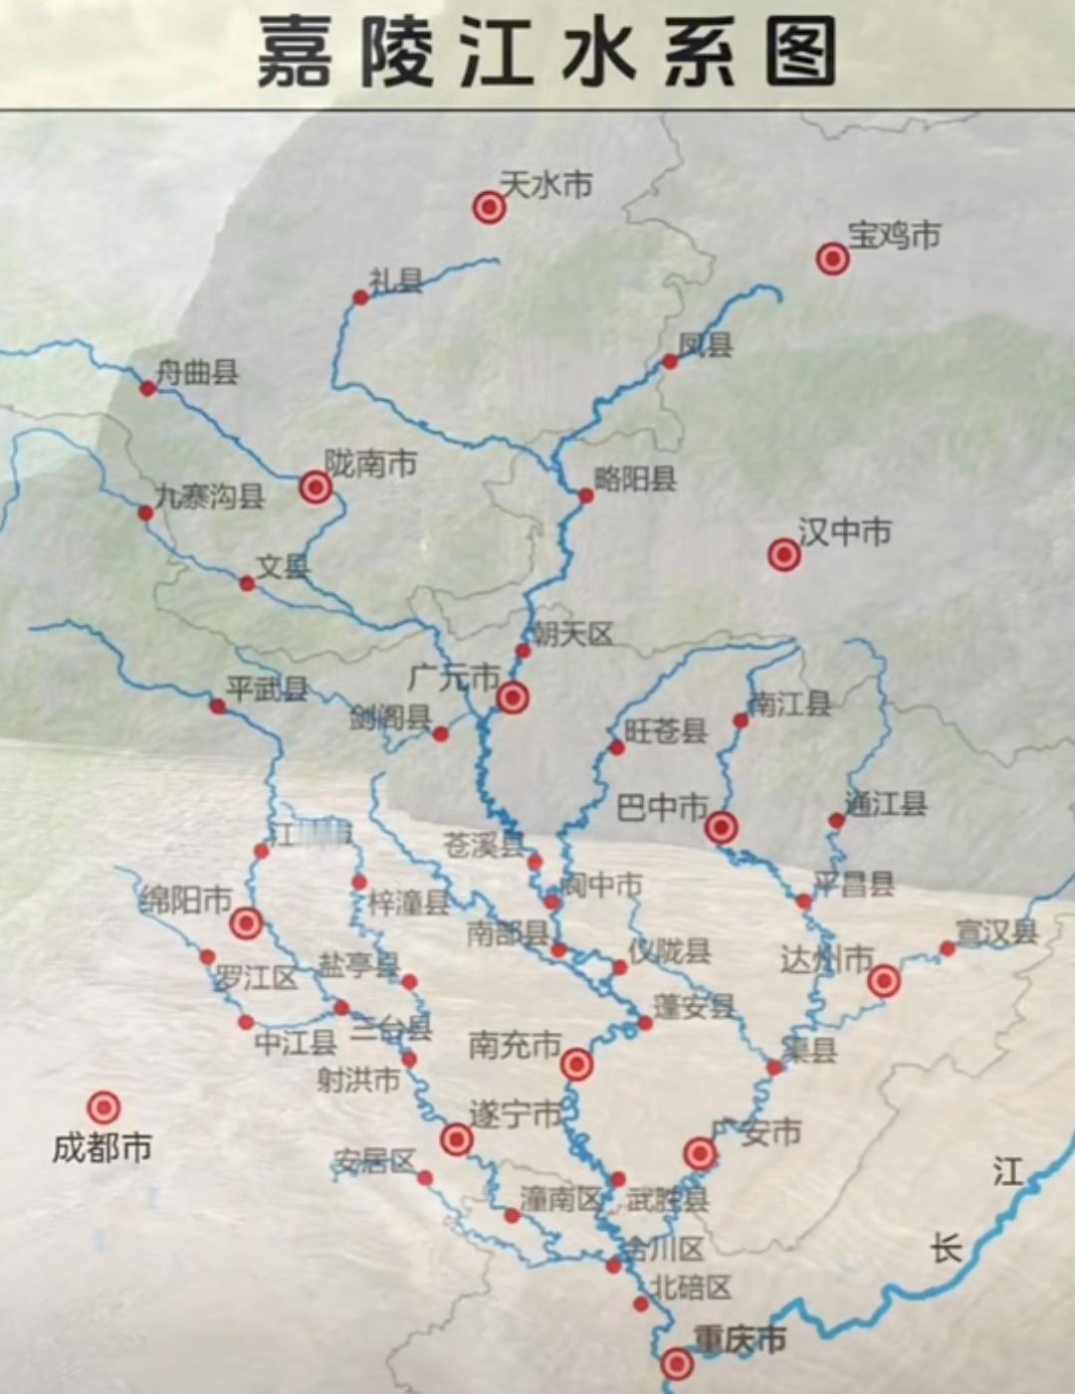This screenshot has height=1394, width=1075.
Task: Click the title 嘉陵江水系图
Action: pyautogui.click(x=545, y=52)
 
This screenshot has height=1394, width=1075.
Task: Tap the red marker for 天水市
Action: pyautogui.click(x=489, y=207)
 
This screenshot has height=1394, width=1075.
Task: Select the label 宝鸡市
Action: pyautogui.click(x=894, y=236)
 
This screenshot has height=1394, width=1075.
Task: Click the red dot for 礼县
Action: pyautogui.click(x=360, y=298)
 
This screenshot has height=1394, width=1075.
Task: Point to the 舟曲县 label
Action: pyautogui.click(x=198, y=373)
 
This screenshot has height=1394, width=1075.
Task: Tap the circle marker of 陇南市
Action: pyautogui.click(x=316, y=487)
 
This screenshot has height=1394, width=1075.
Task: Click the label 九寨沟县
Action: pyautogui.click(x=210, y=496)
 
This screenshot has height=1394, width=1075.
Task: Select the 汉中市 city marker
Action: pyautogui.click(x=784, y=554)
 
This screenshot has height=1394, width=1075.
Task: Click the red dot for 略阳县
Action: pyautogui.click(x=586, y=496)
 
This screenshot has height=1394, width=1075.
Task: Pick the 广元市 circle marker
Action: pyautogui.click(x=512, y=697)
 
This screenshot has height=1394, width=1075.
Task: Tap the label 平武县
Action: pyautogui.click(x=267, y=689)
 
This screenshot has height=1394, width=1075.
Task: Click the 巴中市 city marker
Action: pyautogui.click(x=722, y=827)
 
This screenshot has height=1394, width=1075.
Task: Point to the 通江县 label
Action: pyautogui.click(x=886, y=803)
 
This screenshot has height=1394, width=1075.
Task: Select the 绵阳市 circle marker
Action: pyautogui.click(x=246, y=923)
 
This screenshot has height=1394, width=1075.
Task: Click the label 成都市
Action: pyautogui.click(x=102, y=1148)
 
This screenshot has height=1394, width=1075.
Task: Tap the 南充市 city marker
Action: pyautogui.click(x=576, y=1065)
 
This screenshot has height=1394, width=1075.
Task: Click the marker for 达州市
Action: pyautogui.click(x=884, y=981)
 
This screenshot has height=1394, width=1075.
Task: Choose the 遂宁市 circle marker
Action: pyautogui.click(x=456, y=1139)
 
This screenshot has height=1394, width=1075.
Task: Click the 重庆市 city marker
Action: pyautogui.click(x=677, y=1363)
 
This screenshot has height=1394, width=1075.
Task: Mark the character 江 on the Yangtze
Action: pyautogui.click(x=1007, y=1171)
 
